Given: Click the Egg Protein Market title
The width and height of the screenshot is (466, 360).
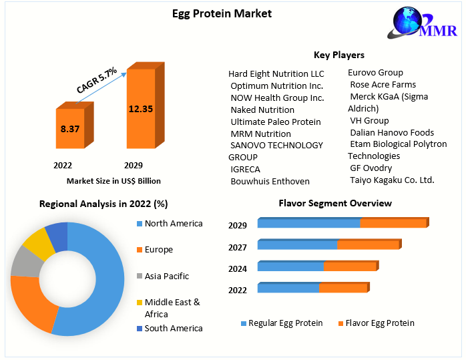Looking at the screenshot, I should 232,13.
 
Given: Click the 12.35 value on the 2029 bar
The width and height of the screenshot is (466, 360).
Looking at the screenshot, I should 141,108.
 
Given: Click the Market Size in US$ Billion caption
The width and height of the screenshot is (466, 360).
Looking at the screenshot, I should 113,180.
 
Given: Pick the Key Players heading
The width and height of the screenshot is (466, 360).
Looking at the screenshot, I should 339,55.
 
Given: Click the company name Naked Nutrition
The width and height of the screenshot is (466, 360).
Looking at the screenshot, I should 262,110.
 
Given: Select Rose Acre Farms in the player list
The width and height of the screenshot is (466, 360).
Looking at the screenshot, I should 383,85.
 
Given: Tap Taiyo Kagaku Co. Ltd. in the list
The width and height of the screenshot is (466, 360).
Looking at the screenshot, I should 392,180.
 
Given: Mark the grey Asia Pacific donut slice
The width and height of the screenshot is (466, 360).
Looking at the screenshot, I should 24,261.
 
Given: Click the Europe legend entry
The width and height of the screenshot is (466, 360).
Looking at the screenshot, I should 158,250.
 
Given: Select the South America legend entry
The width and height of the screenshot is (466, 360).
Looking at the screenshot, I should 173,328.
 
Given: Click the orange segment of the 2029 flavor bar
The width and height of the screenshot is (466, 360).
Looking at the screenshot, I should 393,223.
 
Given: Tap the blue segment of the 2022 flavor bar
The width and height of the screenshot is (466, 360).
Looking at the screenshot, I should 288,289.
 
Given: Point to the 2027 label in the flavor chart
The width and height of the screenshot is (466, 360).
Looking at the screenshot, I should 238,247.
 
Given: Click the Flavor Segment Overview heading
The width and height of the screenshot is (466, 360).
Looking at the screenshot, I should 335,203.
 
